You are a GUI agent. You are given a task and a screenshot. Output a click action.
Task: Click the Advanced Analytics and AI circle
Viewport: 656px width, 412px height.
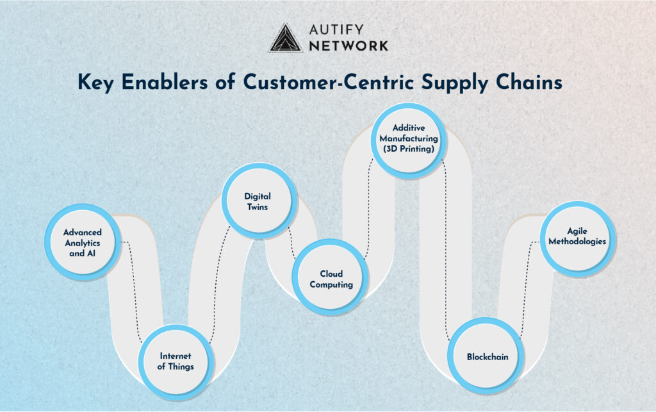(x=83, y=242)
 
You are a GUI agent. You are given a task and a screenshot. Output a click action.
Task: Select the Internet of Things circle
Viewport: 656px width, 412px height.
(x=176, y=362)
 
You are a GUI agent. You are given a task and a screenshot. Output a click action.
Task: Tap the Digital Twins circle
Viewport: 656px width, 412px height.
(x=259, y=201)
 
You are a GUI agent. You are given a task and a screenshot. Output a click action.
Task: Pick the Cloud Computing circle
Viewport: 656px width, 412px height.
(x=330, y=277)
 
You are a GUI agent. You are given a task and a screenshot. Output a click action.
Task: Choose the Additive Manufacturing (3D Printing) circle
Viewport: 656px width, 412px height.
(x=409, y=141)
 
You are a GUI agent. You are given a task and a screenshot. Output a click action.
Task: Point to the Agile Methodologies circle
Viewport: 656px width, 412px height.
(x=578, y=239)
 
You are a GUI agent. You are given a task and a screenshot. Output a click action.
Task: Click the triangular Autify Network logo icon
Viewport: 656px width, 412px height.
(x=285, y=38)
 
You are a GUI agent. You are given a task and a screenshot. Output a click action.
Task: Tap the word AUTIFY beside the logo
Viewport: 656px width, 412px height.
(x=336, y=29)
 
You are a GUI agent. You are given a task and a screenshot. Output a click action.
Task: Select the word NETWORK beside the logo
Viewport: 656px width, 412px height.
(x=348, y=46)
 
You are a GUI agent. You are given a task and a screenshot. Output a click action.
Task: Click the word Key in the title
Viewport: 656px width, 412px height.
(x=95, y=82)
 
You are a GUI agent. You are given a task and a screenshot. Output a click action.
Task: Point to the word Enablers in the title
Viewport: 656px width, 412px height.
(x=165, y=81)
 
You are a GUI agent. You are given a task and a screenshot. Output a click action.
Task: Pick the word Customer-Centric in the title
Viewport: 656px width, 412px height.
(x=329, y=81)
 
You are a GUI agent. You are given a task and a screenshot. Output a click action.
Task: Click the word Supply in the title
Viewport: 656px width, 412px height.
(x=454, y=83)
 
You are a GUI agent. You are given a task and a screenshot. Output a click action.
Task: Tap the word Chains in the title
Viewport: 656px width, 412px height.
(x=529, y=81)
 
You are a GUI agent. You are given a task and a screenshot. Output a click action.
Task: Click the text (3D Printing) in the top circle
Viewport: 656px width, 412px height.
(x=409, y=149)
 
